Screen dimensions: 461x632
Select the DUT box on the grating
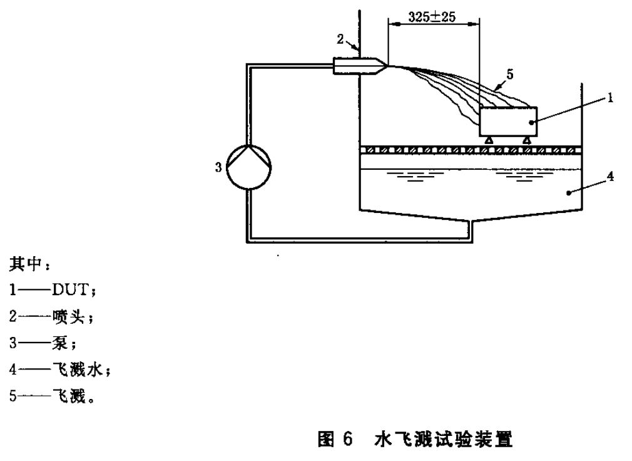507,121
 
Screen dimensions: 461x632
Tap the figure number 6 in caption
348,438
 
